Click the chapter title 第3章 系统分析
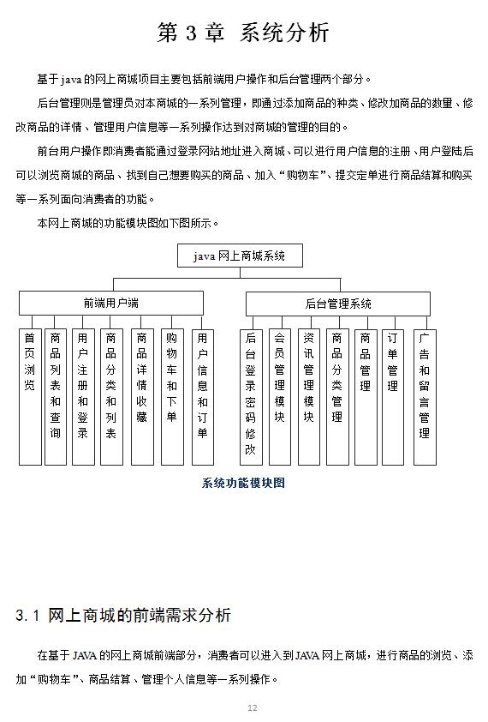point(243,33)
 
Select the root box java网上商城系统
point(240,256)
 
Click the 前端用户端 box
point(111,303)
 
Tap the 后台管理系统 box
point(338,303)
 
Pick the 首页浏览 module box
point(30,396)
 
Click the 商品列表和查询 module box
point(56,396)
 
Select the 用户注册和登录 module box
point(83,396)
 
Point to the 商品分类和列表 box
point(111,396)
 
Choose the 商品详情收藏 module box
point(142,396)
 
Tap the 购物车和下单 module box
point(172,396)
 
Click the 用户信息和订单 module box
point(203,396)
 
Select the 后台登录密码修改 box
point(251,396)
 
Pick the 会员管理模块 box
point(280,396)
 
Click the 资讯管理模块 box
point(309,396)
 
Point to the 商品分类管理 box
point(337,396)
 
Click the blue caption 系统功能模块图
point(243,483)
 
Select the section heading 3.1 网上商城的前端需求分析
point(123,616)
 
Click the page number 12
point(252,707)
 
